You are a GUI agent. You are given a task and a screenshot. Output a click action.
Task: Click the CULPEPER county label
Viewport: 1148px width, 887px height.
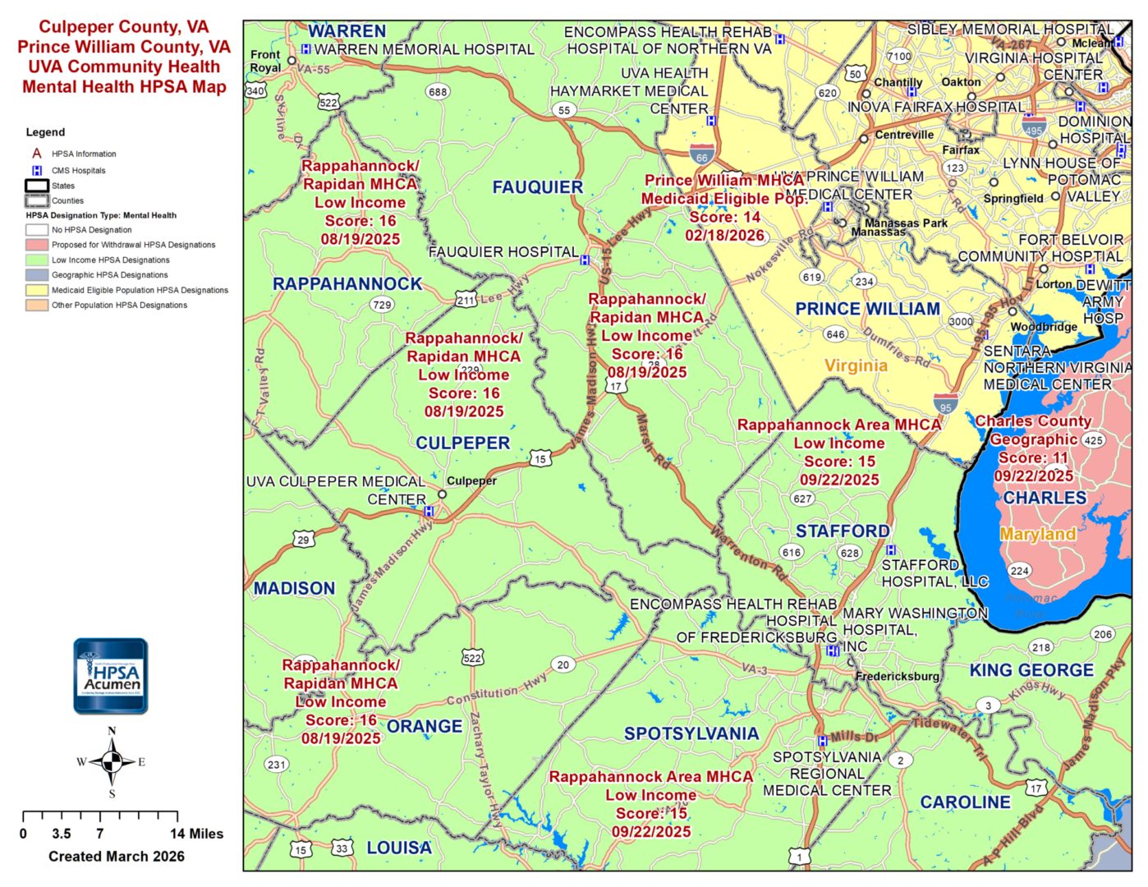pos(462,443)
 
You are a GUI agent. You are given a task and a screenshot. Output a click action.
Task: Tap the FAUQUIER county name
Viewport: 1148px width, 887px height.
pos(538,187)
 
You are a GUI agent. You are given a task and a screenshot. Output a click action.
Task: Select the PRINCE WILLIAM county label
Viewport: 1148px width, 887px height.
pos(867,309)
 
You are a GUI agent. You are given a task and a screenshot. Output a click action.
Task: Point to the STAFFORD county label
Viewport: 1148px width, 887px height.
pos(843,531)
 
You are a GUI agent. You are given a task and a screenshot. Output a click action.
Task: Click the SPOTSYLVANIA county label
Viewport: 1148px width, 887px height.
pos(691,733)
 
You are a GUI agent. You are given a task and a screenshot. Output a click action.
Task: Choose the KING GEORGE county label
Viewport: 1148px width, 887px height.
pos(1031,670)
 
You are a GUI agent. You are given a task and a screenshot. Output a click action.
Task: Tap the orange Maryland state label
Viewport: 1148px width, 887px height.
pos(1038,535)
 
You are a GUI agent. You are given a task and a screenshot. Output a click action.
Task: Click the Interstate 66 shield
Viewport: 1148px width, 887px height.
pos(701,155)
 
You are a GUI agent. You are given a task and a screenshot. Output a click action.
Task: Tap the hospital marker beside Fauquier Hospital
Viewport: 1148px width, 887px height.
pos(585,260)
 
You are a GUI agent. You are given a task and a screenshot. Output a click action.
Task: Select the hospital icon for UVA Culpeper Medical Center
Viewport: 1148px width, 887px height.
pos(429,512)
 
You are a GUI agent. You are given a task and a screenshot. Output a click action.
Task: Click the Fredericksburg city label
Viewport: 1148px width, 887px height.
pos(898,676)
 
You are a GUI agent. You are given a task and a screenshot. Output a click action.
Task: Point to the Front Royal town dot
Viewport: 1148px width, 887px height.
pos(292,61)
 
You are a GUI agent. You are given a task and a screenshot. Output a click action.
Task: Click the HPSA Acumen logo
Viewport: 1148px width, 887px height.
pos(111,676)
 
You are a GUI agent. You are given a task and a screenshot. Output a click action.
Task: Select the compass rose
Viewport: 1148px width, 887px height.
pos(112,762)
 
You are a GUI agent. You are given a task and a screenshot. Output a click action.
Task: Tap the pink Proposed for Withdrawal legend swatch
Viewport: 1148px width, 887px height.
pos(37,245)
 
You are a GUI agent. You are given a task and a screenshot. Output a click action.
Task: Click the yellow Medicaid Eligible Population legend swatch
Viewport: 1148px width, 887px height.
pos(37,290)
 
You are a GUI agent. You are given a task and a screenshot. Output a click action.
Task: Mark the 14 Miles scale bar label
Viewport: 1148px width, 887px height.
pos(197,834)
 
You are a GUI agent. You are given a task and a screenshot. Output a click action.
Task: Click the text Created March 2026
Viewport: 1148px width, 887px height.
pos(117,857)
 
